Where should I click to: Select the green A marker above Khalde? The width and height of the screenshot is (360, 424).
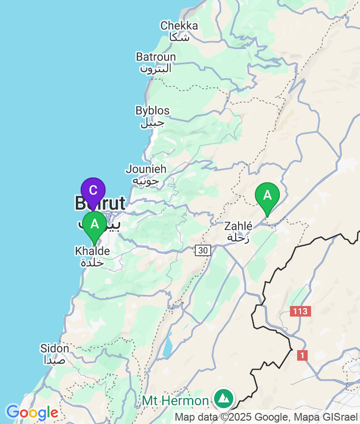95,224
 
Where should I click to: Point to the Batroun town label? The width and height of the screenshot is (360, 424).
156,57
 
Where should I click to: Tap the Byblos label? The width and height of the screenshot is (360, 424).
152,111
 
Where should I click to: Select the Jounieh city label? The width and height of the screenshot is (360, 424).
146,169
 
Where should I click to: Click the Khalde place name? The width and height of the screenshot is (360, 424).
92,251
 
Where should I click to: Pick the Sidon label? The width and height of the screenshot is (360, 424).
54,348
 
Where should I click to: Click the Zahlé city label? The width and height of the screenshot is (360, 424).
238,226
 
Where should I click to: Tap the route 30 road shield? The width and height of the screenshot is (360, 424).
203,250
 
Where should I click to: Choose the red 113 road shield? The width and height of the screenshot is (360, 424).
300,311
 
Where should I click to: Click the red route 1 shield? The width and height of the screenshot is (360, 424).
302,355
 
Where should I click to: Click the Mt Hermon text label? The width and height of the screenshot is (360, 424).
175,400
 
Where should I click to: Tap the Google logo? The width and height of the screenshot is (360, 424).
32,412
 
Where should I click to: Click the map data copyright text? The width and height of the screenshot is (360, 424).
266,417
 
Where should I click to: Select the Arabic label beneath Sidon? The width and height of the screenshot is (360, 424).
55,360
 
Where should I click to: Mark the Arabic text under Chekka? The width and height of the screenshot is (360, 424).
179,37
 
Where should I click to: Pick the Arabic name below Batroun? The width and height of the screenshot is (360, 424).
156,69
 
